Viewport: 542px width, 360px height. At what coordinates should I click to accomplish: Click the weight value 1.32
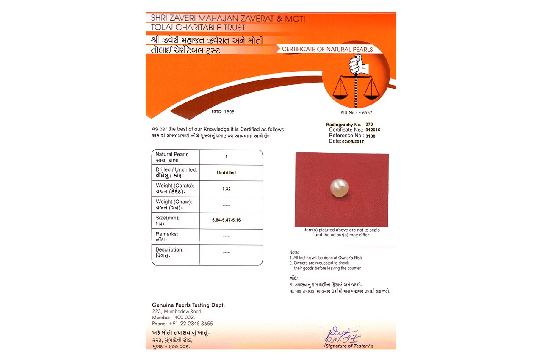click(x=227, y=189)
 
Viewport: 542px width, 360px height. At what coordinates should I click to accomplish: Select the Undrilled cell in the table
click(x=227, y=173)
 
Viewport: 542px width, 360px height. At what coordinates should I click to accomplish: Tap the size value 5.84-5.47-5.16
click(x=227, y=220)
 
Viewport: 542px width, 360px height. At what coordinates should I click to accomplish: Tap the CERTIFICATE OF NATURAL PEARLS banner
click(x=327, y=50)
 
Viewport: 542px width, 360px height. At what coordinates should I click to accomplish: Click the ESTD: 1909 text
click(x=223, y=112)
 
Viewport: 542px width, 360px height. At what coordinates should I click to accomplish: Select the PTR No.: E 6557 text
click(x=356, y=113)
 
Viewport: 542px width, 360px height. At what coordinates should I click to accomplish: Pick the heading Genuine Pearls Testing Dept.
click(x=188, y=305)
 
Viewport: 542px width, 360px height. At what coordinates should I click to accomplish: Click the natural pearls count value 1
click(x=227, y=157)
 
